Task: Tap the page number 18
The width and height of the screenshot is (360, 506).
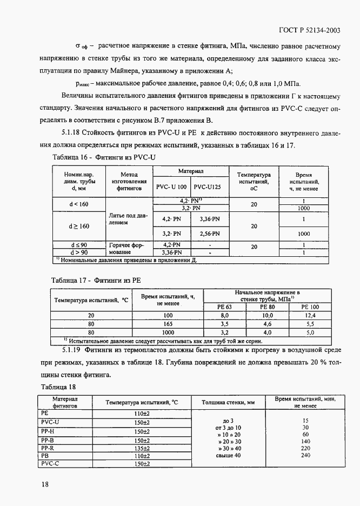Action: (x=44, y=484)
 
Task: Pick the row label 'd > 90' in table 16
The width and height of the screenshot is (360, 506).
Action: (x=79, y=252)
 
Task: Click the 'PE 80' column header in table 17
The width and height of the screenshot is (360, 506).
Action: (x=265, y=307)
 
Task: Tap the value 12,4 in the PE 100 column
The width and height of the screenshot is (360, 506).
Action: (x=310, y=315)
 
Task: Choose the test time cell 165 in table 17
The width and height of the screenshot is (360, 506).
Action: (x=168, y=324)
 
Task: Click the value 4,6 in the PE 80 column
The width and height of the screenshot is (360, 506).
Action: (x=265, y=324)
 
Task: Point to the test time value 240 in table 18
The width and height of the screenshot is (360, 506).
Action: (x=305, y=455)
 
